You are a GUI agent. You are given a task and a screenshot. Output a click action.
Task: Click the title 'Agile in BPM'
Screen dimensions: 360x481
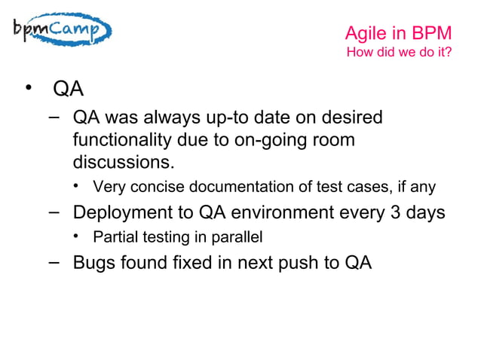coord(398,33)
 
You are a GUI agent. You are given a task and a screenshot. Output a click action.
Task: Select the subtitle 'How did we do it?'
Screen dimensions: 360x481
coord(398,53)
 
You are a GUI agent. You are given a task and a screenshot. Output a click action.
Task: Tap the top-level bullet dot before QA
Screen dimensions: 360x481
coord(29,90)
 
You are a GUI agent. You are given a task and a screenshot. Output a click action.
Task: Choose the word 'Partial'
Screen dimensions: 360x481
coord(112,238)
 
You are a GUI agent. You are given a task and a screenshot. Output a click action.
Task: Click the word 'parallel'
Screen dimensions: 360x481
coord(237,238)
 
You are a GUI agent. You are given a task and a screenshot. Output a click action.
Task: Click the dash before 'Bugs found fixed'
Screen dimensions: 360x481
coord(53,262)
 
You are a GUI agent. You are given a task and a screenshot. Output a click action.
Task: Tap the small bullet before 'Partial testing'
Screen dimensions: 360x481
coord(77,237)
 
